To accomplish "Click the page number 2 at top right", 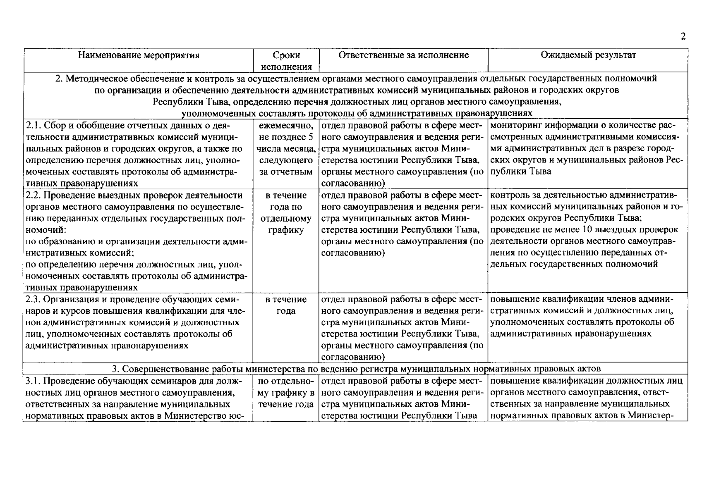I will click(683, 36).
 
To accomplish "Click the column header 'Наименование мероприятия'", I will click(139, 55).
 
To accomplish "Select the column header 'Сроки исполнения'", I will click(286, 61).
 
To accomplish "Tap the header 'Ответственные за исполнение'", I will click(403, 55).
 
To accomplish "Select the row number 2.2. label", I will click(33, 196).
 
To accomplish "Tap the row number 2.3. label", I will click(33, 299).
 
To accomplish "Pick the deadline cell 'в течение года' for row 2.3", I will click(286, 305).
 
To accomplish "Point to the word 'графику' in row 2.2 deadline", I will click(286, 230).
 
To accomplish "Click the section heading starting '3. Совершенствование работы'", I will click(356, 368).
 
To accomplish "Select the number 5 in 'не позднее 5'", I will click(310, 137).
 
